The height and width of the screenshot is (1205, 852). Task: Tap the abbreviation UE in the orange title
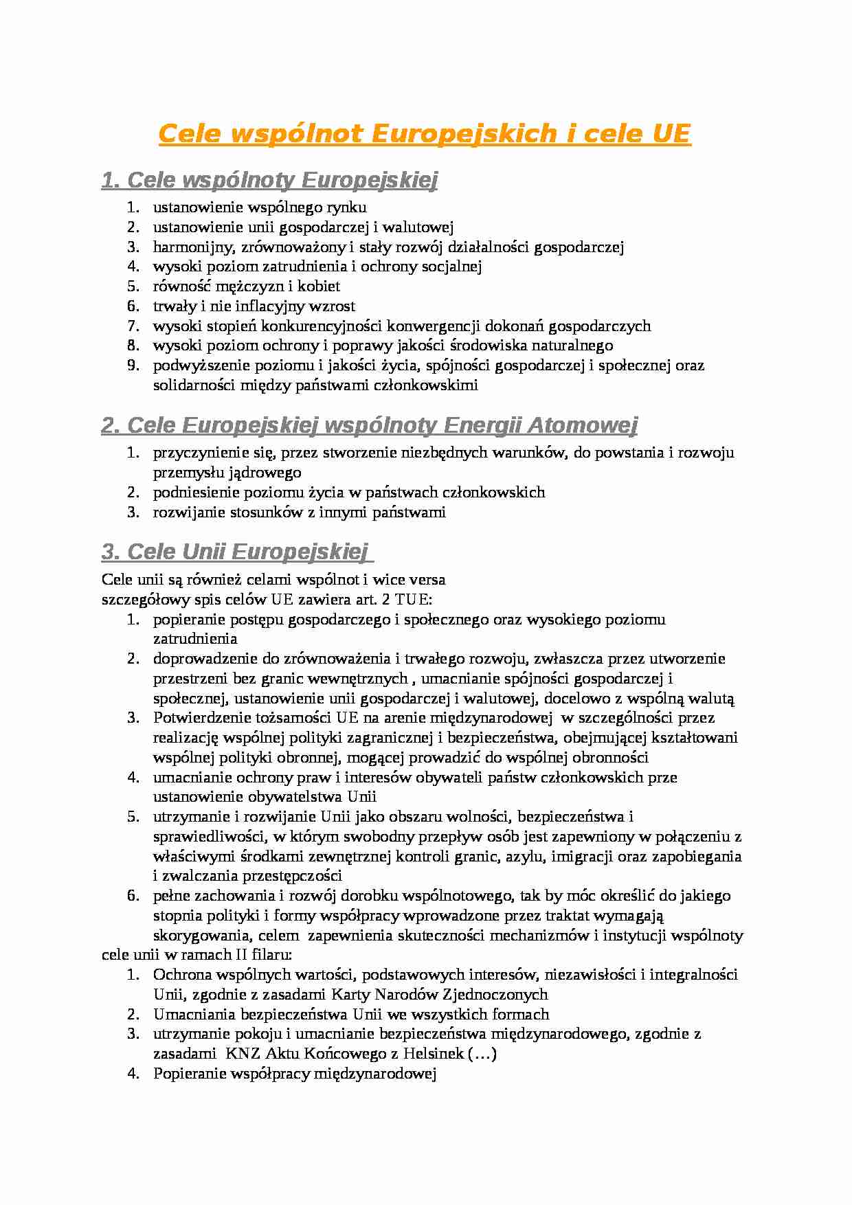[x=669, y=134]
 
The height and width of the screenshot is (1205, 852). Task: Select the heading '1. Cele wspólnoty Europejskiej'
[x=269, y=181]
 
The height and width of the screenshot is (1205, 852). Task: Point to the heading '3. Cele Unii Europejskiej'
[x=235, y=552]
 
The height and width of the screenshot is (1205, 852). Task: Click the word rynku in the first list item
[x=348, y=207]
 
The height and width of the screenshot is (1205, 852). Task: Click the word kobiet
[x=319, y=286]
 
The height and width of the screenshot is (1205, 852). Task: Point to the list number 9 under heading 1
[x=133, y=365]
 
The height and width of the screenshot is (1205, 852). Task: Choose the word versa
[x=428, y=579]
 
